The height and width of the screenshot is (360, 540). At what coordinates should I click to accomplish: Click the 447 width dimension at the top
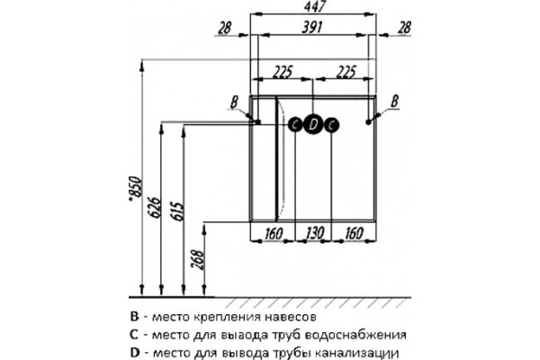click(x=314, y=6)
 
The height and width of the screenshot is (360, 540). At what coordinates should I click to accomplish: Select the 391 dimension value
click(x=312, y=27)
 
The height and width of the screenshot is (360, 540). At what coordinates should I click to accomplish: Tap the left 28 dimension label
click(x=225, y=28)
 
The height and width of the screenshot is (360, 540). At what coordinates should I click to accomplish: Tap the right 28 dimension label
click(x=404, y=28)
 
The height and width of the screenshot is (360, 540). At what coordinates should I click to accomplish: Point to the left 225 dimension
click(x=283, y=72)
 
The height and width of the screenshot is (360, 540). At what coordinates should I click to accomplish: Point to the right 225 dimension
click(x=346, y=72)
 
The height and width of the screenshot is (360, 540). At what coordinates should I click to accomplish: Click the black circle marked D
click(x=312, y=125)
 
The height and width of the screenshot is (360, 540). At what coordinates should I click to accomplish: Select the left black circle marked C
click(x=295, y=125)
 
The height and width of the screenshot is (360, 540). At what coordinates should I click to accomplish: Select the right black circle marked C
click(x=331, y=125)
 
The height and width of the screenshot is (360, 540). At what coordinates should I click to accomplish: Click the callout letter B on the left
click(x=234, y=103)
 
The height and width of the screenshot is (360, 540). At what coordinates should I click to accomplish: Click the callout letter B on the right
click(x=395, y=102)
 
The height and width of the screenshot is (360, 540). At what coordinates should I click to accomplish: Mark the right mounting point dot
click(x=368, y=122)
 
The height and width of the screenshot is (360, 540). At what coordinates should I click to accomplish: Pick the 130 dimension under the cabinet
click(x=314, y=233)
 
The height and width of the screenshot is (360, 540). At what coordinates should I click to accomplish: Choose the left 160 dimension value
click(x=273, y=233)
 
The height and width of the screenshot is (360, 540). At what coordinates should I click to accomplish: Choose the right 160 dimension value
click(x=354, y=233)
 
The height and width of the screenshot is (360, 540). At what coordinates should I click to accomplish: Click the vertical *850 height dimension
click(x=135, y=188)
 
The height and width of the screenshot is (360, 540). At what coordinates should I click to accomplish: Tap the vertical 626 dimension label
click(x=155, y=208)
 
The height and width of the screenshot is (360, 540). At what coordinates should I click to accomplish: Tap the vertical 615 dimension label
click(x=177, y=211)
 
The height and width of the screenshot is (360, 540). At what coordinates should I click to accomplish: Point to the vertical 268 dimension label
click(x=198, y=260)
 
